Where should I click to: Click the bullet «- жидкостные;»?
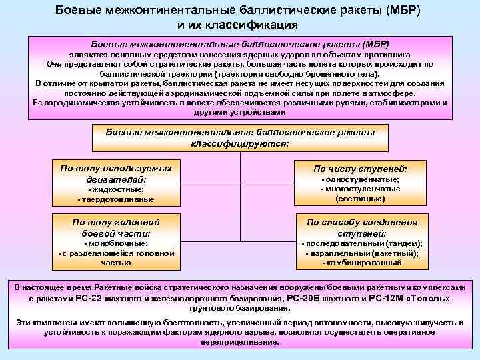pyautogui.click(x=111, y=190)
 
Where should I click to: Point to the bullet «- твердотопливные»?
pyautogui.click(x=111, y=199)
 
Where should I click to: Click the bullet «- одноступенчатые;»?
pyautogui.click(x=360, y=180)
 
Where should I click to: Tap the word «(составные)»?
pyautogui.click(x=360, y=199)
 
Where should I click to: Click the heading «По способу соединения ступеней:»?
pyautogui.click(x=360, y=227)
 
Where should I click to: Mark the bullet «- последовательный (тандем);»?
pyautogui.click(x=360, y=244)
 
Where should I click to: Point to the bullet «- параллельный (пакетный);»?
pyautogui.click(x=360, y=253)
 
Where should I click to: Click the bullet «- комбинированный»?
pyautogui.click(x=360, y=263)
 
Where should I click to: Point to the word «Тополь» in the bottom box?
pyautogui.click(x=427, y=299)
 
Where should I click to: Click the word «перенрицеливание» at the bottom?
pyautogui.click(x=240, y=341)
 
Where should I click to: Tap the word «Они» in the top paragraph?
pyautogui.click(x=55, y=64)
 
